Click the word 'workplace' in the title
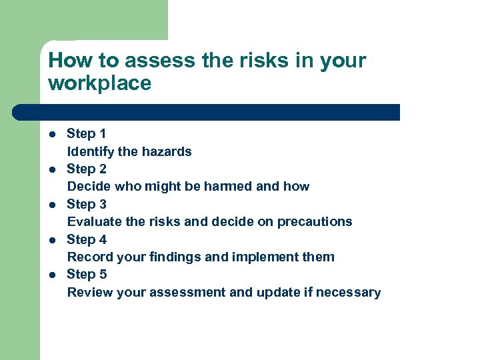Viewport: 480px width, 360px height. pyautogui.click(x=100, y=83)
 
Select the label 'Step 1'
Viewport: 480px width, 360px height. pyautogui.click(x=87, y=134)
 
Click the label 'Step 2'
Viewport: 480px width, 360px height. pyautogui.click(x=87, y=169)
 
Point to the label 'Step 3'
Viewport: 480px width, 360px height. pyautogui.click(x=87, y=204)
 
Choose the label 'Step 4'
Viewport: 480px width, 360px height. pyautogui.click(x=87, y=239)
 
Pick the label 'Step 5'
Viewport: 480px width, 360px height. pyautogui.click(x=87, y=274)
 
